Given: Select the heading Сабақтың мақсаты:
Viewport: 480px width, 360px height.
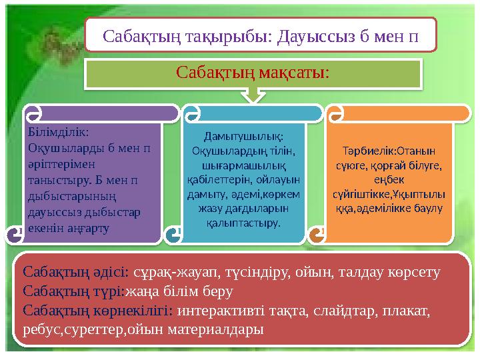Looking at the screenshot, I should [253, 72].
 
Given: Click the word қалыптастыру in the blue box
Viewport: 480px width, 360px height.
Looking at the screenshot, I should [243, 222].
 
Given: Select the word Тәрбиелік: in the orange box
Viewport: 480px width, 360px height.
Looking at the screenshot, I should [361, 151].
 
